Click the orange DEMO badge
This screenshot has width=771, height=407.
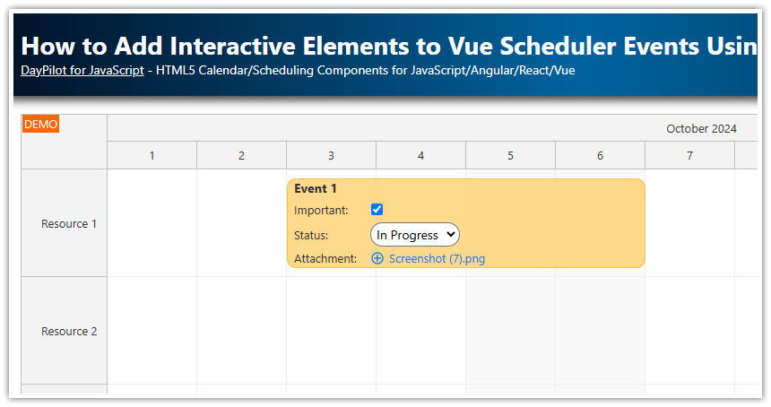click(40, 125)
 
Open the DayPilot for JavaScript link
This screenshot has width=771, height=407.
click(82, 70)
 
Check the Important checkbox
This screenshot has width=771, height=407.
click(377, 210)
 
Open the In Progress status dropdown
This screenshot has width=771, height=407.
click(414, 235)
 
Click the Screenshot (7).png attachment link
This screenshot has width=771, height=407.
click(437, 259)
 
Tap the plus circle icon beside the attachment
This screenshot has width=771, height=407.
click(377, 259)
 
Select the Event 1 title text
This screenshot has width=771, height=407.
click(316, 189)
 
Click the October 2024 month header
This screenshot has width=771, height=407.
click(701, 129)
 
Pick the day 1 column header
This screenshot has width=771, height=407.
click(152, 156)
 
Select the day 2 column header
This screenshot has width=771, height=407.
click(241, 156)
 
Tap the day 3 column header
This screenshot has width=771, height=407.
click(331, 156)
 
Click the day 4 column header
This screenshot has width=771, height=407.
click(420, 156)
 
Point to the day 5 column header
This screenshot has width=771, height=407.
click(510, 156)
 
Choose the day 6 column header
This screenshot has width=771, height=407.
click(600, 156)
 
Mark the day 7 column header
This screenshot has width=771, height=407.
click(689, 156)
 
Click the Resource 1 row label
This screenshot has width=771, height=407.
click(69, 224)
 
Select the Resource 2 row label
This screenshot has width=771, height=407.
click(69, 332)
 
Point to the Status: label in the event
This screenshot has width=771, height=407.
click(311, 236)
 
